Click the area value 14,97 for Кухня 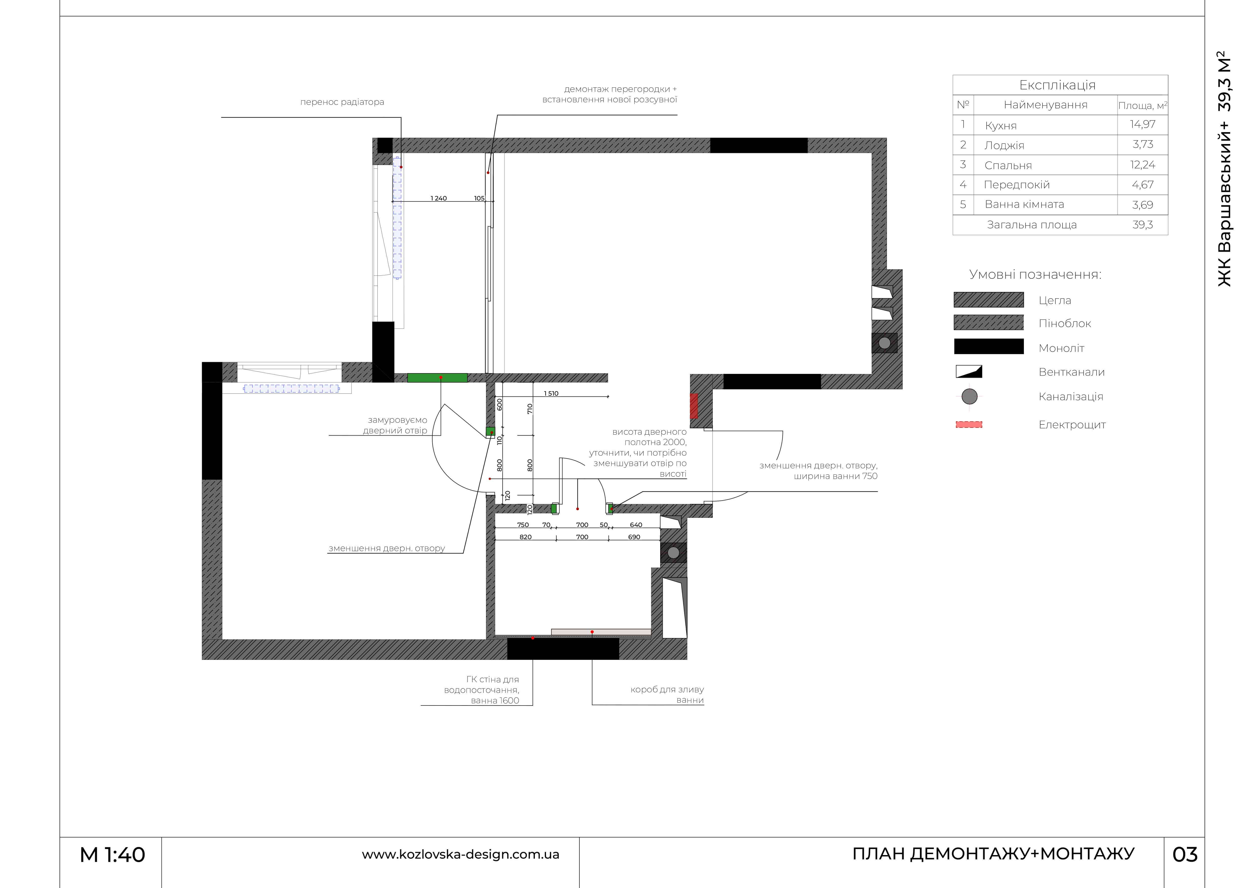tap(1142, 124)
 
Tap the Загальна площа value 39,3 tap(1142, 225)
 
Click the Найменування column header tap(1045, 105)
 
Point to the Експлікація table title tap(1057, 85)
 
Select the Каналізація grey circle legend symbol tap(969, 396)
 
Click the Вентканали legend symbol tap(969, 372)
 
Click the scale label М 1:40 tap(112, 855)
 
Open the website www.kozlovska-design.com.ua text tap(460, 854)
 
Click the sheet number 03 tap(1185, 855)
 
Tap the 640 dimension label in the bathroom tap(636, 525)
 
